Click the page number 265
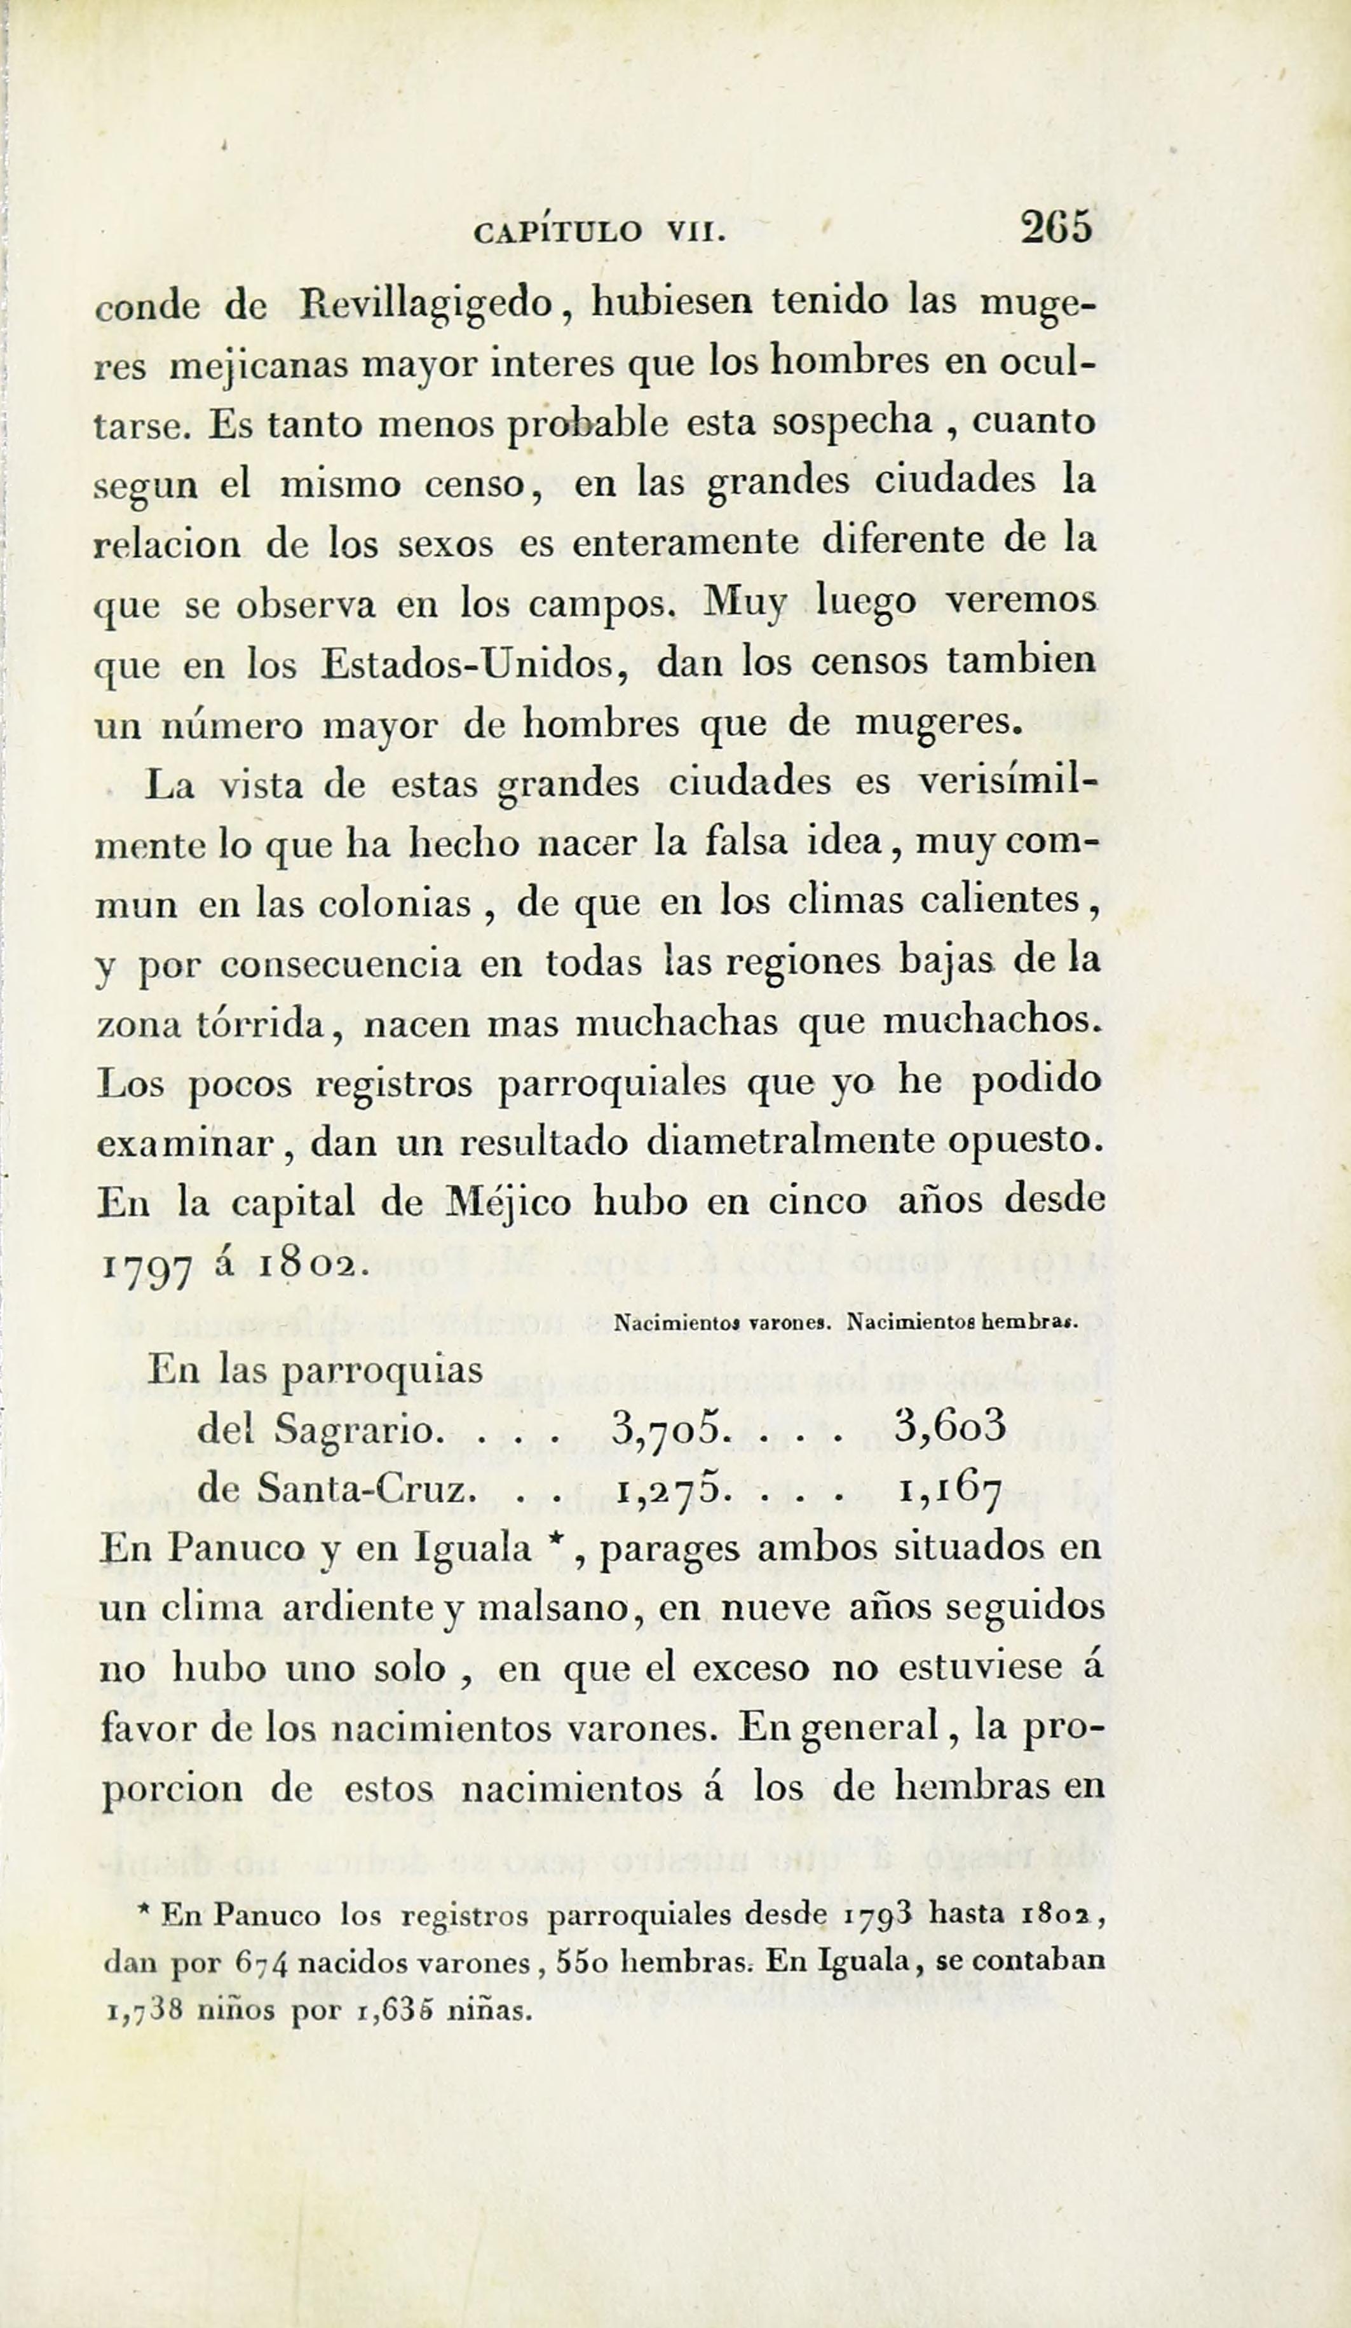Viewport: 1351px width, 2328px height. pyautogui.click(x=1056, y=227)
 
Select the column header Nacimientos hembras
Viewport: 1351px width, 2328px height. pyautogui.click(x=962, y=1322)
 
